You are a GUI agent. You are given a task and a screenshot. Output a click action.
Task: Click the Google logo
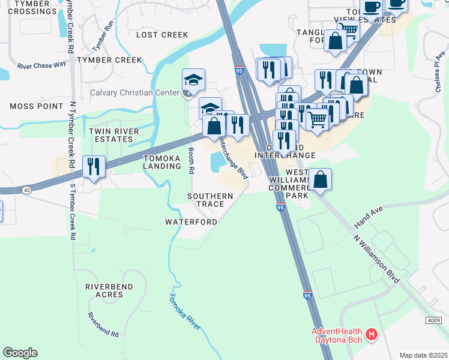[20, 353]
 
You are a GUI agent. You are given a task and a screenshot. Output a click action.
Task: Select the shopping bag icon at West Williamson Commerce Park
[321, 179]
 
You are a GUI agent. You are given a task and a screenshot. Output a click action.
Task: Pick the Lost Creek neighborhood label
[162, 35]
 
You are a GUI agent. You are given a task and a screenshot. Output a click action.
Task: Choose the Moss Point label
[36, 106]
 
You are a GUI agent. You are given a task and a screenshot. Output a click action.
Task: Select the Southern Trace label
[209, 200]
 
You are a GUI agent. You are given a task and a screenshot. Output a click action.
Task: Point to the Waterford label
[191, 221]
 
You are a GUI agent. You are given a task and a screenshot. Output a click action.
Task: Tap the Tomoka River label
[184, 312]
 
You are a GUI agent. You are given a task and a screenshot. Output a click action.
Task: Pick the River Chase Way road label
[41, 65]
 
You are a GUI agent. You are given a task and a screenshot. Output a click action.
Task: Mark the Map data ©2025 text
[423, 355]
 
